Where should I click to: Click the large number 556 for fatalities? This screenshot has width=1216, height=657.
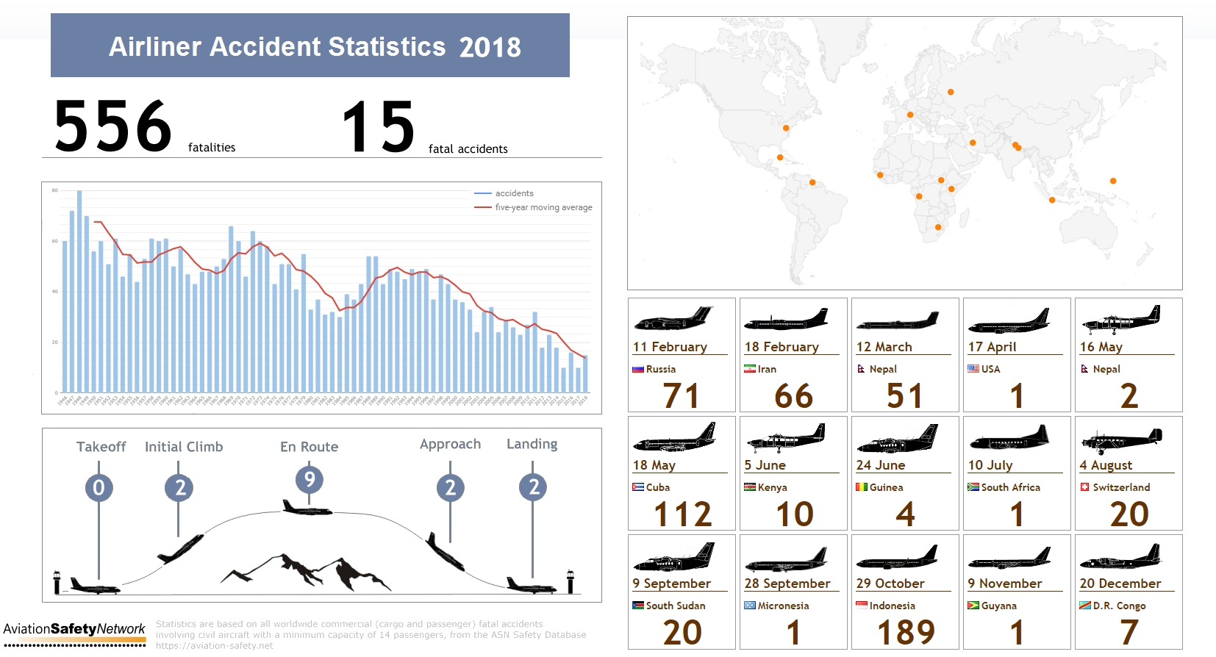pyautogui.click(x=113, y=127)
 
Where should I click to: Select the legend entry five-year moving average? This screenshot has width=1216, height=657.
pyautogui.click(x=543, y=207)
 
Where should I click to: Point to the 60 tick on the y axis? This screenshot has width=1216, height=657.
pyautogui.click(x=54, y=241)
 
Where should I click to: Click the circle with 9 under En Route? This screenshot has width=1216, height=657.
pyautogui.click(x=310, y=480)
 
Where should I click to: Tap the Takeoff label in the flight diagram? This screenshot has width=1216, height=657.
pyautogui.click(x=101, y=447)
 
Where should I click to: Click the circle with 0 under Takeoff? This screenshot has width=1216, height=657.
pyautogui.click(x=99, y=487)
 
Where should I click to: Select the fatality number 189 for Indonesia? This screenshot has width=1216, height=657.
pyautogui.click(x=906, y=632)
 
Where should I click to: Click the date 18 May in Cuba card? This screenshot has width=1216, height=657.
pyautogui.click(x=654, y=465)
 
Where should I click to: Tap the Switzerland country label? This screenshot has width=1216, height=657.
pyautogui.click(x=1120, y=487)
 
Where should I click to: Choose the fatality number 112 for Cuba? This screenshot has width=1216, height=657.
pyautogui.click(x=683, y=514)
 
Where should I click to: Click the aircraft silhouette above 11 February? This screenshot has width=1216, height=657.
pyautogui.click(x=673, y=319)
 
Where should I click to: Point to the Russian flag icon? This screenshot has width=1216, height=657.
pyautogui.click(x=637, y=369)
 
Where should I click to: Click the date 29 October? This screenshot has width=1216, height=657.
pyautogui.click(x=890, y=584)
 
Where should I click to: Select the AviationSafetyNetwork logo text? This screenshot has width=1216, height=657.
pyautogui.click(x=74, y=629)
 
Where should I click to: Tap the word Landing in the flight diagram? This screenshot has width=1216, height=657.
pyautogui.click(x=532, y=444)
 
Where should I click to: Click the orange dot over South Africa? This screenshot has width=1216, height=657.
pyautogui.click(x=938, y=227)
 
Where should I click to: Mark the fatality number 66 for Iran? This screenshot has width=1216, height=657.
pyautogui.click(x=793, y=396)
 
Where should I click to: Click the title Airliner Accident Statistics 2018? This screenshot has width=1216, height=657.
pyautogui.click(x=315, y=47)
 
